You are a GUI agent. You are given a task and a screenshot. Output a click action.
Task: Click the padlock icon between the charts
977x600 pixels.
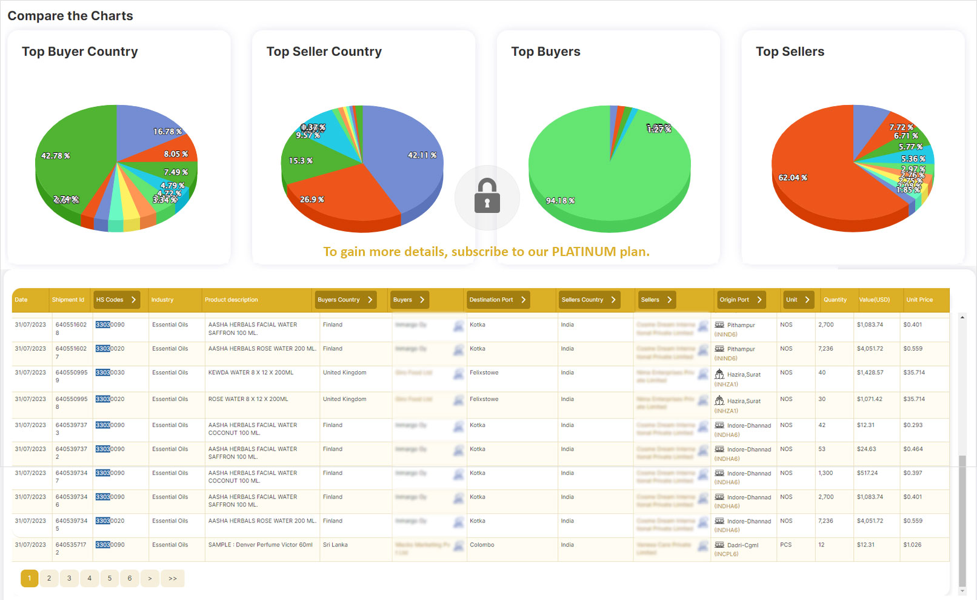coord(487,196)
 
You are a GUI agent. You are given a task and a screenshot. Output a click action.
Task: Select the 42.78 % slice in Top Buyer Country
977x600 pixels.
coord(67,164)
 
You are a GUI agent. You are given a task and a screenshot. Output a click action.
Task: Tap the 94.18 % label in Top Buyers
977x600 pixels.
coord(560,201)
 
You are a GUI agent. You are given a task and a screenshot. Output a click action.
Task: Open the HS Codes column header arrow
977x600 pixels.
coord(133,300)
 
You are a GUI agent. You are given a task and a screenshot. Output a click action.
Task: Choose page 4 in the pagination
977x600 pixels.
coord(89,578)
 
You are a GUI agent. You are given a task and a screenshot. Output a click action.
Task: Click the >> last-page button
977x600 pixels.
coord(173,578)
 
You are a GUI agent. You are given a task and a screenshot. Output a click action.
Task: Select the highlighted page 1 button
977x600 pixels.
coord(29,578)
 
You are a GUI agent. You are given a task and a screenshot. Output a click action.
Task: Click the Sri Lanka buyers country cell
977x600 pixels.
coord(335,545)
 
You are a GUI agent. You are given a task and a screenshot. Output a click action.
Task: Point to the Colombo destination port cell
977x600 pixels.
coord(482,545)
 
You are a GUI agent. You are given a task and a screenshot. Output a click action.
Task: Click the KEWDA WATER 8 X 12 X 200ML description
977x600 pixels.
coord(250,372)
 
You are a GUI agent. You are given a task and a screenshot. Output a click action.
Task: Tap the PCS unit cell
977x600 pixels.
coord(785,545)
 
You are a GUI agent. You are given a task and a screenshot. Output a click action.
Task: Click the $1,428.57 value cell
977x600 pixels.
coord(870,372)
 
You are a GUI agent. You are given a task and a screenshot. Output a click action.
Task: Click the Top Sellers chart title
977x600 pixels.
coord(790,52)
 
